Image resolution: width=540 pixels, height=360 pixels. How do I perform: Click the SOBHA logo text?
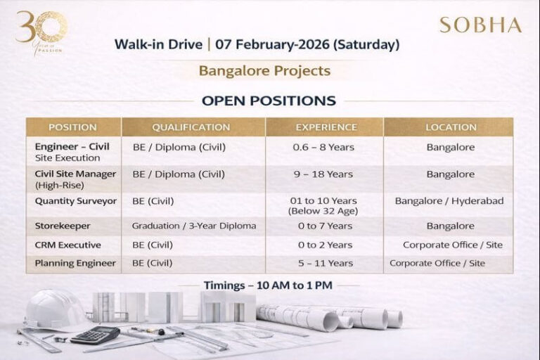click(x=480, y=25)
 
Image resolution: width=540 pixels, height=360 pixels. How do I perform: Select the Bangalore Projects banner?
click(x=264, y=70)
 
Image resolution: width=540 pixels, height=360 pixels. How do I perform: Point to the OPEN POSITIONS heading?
click(x=269, y=101)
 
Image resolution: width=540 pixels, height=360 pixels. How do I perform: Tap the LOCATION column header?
click(x=451, y=127)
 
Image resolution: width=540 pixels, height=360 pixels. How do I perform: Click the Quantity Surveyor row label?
click(x=76, y=201)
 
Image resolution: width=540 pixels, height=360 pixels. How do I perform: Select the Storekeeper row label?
click(x=63, y=226)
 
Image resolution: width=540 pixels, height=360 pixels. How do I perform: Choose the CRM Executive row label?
click(x=68, y=245)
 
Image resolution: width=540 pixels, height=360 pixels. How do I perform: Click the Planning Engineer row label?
click(x=75, y=263)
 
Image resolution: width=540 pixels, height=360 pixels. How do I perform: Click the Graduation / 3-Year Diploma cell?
click(x=194, y=226)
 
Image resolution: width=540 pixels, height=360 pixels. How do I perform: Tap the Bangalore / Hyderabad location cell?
click(x=449, y=201)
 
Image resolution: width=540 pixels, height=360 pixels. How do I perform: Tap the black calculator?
click(x=95, y=335)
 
